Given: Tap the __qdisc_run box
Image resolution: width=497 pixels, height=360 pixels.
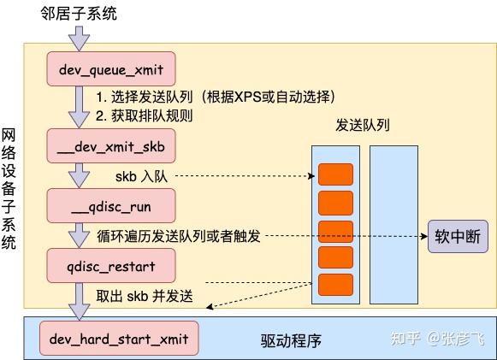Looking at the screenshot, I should point(112,205).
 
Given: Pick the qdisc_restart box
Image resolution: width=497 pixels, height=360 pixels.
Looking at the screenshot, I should point(112,265).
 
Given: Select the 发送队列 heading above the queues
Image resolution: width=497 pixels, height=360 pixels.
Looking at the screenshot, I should point(364,125).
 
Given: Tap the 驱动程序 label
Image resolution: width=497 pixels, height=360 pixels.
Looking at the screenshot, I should point(292,340).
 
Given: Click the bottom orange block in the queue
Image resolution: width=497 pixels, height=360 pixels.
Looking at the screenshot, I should point(335,285).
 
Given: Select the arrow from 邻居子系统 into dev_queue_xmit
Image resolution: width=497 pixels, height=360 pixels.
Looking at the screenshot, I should point(80,38).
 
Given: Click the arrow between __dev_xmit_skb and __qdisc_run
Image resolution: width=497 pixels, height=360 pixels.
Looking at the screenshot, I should point(80,176).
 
